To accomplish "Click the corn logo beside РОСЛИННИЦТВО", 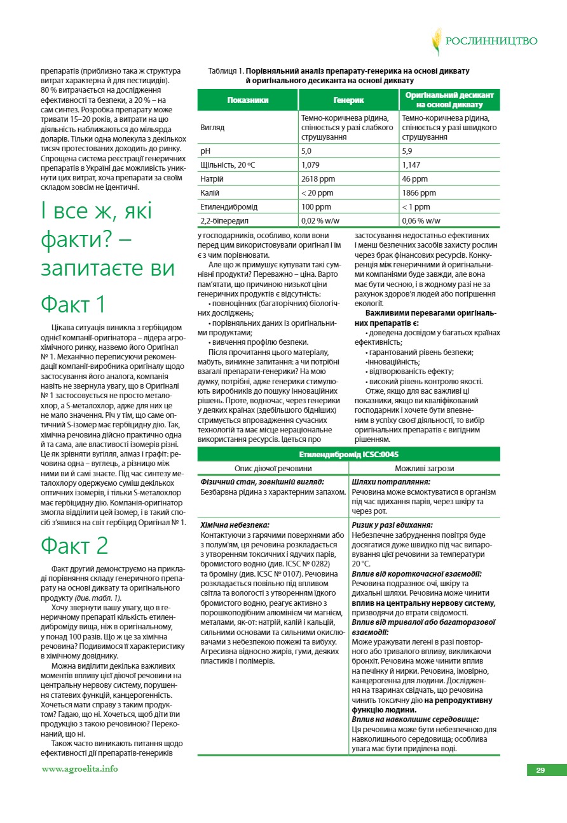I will coord(437,41).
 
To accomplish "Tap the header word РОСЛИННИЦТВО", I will coord(491,41).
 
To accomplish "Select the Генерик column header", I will coord(348,100).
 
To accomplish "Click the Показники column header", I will coord(248,100).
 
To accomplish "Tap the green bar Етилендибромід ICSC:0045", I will coord(348,455).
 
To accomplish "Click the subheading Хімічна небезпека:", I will coord(235,525).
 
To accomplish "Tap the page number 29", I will coord(540,770).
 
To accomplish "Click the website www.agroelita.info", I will coord(79,769).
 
